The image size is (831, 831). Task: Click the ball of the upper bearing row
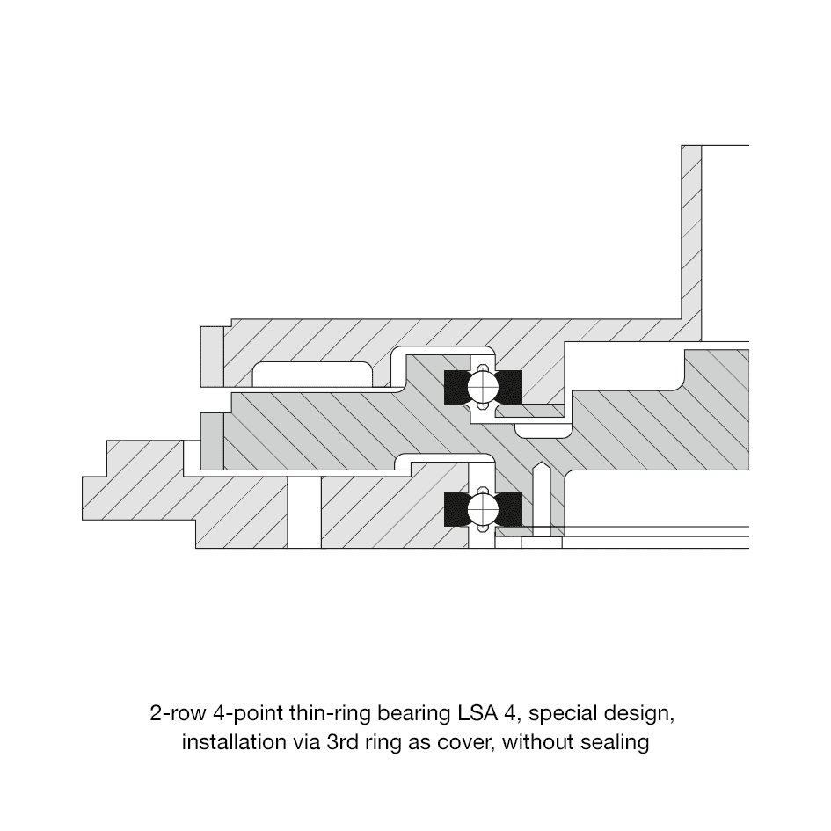click(483, 387)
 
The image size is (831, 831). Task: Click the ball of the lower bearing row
click(483, 509)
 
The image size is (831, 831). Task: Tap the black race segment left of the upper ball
click(456, 387)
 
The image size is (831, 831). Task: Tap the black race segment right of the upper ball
click(510, 387)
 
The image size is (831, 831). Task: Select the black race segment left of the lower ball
click(456, 510)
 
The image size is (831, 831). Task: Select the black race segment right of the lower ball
click(510, 510)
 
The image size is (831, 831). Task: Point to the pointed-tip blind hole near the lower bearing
click(540, 499)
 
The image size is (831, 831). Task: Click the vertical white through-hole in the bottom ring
click(304, 512)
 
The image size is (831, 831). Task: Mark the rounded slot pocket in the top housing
click(312, 374)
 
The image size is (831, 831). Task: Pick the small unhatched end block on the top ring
click(212, 357)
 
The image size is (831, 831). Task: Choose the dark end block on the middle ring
click(212, 441)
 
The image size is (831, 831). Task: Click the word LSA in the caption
click(477, 713)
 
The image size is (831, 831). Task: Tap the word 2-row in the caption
click(178, 713)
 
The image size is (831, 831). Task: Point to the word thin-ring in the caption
click(330, 714)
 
